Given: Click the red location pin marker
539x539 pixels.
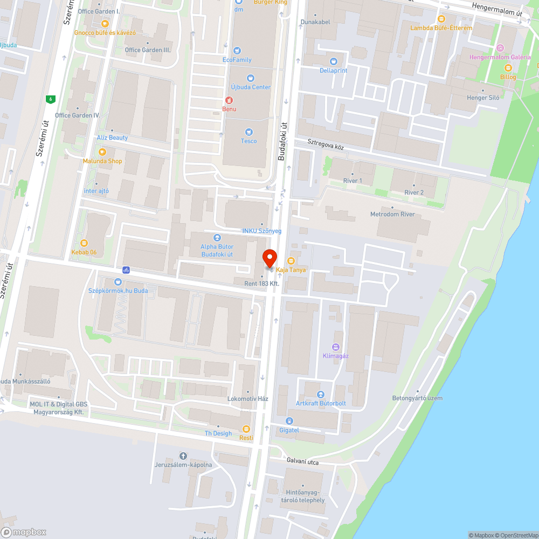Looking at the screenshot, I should pyautogui.click(x=269, y=258).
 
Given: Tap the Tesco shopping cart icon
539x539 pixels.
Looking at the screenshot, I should pyautogui.click(x=249, y=132).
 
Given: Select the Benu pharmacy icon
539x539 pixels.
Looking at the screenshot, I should pyautogui.click(x=229, y=100).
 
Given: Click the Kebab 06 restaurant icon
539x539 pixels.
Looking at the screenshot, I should pyautogui.click(x=84, y=243).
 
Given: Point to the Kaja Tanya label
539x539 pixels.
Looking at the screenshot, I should pyautogui.click(x=291, y=269).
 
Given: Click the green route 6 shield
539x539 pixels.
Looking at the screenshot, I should pyautogui.click(x=51, y=99).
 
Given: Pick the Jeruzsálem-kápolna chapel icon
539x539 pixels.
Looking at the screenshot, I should pyautogui.click(x=183, y=456).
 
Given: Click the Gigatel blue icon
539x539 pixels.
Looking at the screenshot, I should pyautogui.click(x=289, y=421).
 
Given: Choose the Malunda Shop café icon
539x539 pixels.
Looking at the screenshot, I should pyautogui.click(x=102, y=152).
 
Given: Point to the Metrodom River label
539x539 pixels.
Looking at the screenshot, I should pyautogui.click(x=392, y=215).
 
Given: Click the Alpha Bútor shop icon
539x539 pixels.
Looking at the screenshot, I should pyautogui.click(x=217, y=237).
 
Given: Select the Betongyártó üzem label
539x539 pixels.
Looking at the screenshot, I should pyautogui.click(x=417, y=398).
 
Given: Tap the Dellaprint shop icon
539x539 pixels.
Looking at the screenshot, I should pyautogui.click(x=333, y=61).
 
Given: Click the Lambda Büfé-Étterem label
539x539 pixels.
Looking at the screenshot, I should pyautogui.click(x=441, y=28).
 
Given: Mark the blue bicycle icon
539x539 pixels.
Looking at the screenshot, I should pyautogui.click(x=126, y=269).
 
